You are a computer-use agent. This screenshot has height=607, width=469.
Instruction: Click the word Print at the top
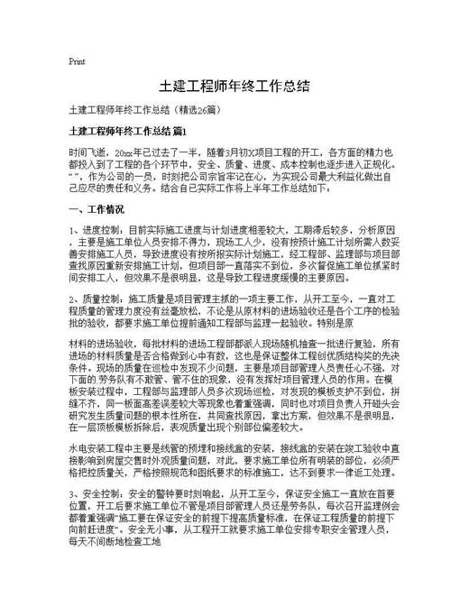pyautogui.click(x=77, y=61)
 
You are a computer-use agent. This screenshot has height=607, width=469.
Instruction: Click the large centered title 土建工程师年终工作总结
pyautogui.click(x=234, y=87)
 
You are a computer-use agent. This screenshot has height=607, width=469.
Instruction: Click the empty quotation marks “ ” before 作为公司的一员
pyautogui.click(x=73, y=179)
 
